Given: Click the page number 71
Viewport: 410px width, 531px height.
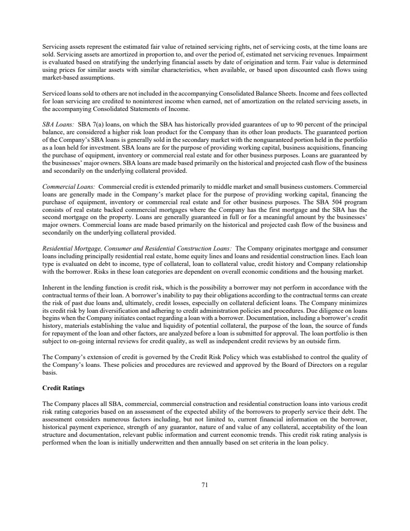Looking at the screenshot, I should (205, 486).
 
